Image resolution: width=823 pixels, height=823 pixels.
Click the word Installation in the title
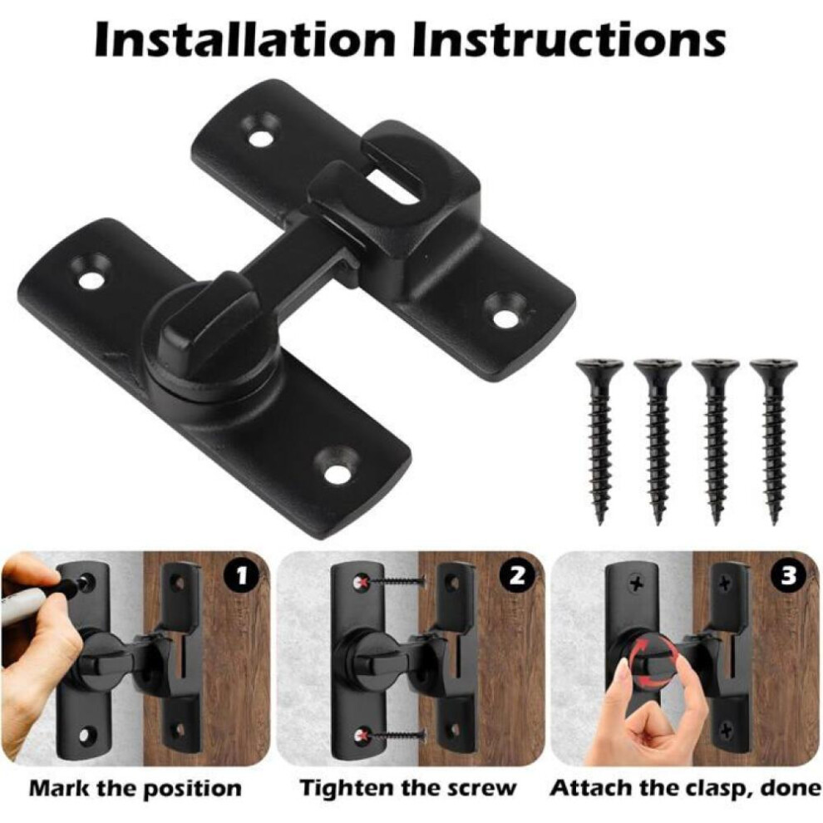(244, 39)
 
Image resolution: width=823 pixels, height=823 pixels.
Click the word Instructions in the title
(569, 39)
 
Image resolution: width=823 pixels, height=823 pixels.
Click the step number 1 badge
(241, 576)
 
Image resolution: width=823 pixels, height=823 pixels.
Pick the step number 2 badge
(517, 576)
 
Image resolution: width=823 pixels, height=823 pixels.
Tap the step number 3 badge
(789, 576)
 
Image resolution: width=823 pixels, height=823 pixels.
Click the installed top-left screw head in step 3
(636, 583)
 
